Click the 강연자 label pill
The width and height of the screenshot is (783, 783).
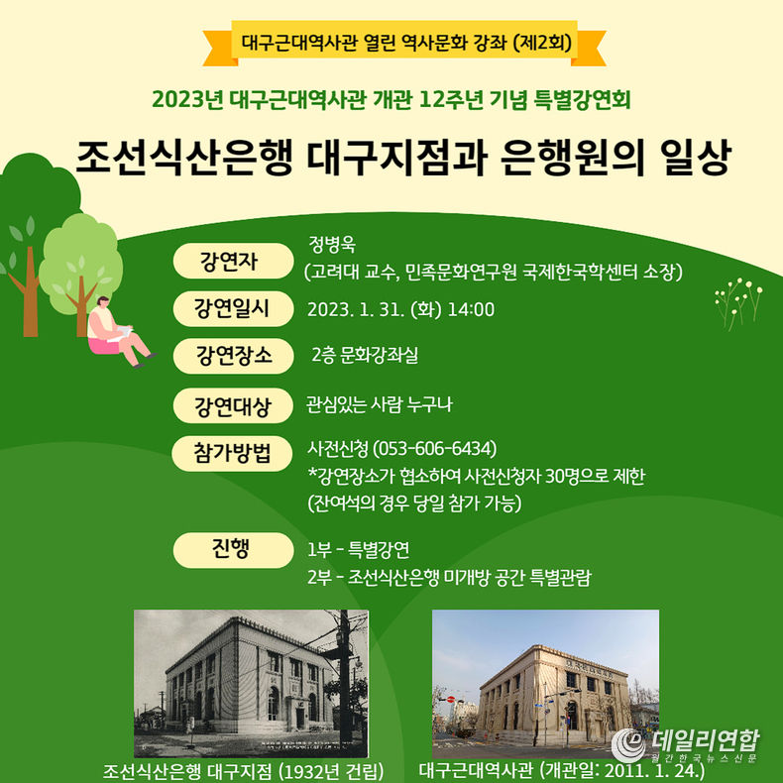tap(233, 261)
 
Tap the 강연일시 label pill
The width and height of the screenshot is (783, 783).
tap(233, 308)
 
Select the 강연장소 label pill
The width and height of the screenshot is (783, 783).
tap(233, 356)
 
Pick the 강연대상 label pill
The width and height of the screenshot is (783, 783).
tap(233, 406)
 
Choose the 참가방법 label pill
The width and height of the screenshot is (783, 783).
tap(232, 453)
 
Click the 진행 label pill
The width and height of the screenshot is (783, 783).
tap(233, 550)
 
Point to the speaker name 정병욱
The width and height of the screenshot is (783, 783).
tap(332, 244)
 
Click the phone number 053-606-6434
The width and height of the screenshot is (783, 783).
tap(435, 448)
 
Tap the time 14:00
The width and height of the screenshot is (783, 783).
tap(471, 309)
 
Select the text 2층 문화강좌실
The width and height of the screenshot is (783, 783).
tap(365, 355)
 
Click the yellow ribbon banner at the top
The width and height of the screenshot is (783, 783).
tap(404, 44)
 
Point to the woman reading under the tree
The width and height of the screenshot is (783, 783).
tap(120, 332)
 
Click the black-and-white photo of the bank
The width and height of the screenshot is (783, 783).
tap(251, 683)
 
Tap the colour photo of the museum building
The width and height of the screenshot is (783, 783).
tap(545, 683)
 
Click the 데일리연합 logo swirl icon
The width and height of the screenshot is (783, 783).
tap(628, 745)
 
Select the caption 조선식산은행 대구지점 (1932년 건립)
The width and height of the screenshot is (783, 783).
tap(243, 771)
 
